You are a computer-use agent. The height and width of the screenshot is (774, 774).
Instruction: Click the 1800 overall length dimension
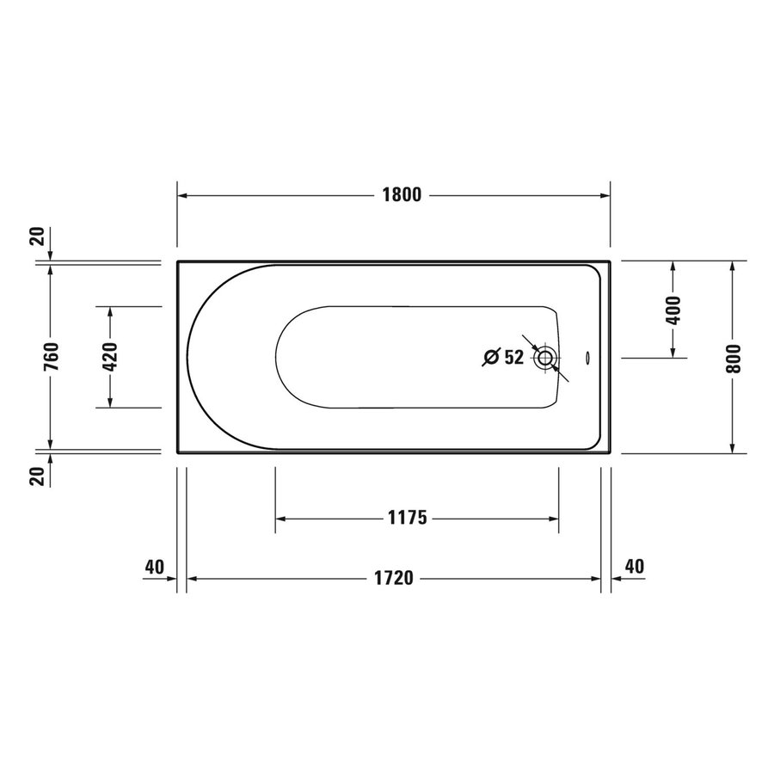[401, 195]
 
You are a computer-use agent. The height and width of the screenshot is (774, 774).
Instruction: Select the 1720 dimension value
[395, 579]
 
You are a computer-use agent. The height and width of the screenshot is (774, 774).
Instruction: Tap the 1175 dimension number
[408, 519]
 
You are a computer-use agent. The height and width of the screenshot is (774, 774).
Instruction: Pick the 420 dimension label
[110, 357]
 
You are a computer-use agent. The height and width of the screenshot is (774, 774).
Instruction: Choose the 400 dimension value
[673, 309]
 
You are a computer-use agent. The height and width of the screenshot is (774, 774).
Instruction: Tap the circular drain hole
[544, 358]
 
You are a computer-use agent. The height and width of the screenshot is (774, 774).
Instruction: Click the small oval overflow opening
[586, 358]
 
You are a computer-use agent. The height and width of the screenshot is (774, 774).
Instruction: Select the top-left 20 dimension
[37, 236]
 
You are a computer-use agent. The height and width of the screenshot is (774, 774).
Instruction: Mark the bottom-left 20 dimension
[37, 476]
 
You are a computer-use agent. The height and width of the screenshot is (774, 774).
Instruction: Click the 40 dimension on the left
[155, 567]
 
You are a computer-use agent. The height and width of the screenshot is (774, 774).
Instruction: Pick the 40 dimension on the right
[634, 567]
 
